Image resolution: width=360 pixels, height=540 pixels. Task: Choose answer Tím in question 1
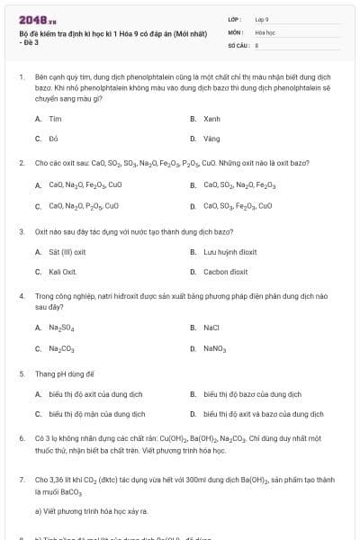click(x=55, y=119)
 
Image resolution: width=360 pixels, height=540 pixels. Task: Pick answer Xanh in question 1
click(x=211, y=119)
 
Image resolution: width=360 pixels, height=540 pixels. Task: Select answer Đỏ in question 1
click(x=53, y=139)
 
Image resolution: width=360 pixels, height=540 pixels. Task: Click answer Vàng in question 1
click(x=211, y=139)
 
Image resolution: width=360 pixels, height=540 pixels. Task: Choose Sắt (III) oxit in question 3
click(x=67, y=251)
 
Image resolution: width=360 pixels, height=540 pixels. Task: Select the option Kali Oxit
click(x=63, y=271)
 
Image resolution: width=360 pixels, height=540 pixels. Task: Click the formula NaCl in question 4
click(x=212, y=328)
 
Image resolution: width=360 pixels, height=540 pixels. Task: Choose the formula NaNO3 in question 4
click(x=215, y=347)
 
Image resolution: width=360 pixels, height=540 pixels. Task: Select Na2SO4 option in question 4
click(x=61, y=328)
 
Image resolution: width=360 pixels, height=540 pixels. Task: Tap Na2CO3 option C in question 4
click(x=61, y=347)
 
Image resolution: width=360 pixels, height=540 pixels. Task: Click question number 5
click(x=21, y=373)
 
